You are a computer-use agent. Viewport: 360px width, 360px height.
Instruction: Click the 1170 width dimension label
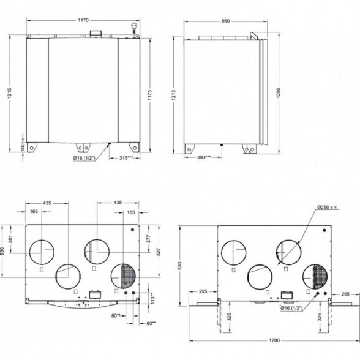(83, 20)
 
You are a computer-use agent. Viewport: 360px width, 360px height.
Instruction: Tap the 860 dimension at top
(225, 21)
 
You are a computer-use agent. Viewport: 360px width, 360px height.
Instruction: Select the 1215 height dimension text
(9, 93)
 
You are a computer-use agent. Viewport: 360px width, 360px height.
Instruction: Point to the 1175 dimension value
(149, 95)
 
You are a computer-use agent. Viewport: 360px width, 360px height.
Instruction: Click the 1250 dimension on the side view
(279, 93)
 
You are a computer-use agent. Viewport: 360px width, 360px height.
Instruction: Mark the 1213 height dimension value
(174, 95)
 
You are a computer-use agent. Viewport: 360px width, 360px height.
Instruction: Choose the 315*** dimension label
(126, 158)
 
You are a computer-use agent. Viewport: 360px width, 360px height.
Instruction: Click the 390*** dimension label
(204, 157)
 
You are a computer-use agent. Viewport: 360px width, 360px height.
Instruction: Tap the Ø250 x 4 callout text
(327, 208)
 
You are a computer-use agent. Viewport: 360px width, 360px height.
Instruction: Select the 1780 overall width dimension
(274, 340)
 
